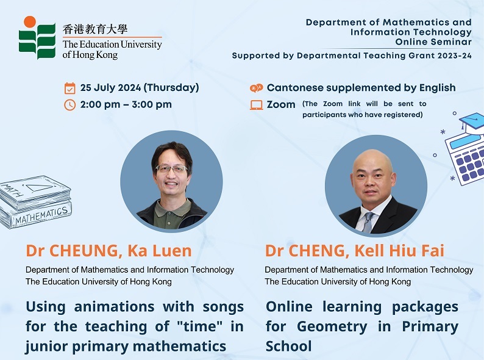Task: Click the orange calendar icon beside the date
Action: (69, 88)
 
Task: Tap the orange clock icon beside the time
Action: (69, 105)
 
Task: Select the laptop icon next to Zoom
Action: (256, 105)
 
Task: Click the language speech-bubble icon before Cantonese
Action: (256, 88)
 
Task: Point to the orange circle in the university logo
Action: (30, 22)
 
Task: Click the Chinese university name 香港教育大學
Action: (95, 29)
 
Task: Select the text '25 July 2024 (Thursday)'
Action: (140, 88)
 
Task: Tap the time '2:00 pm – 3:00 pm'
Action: (126, 104)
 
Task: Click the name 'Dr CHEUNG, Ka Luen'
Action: (109, 251)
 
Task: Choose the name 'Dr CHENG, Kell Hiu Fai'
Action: (355, 251)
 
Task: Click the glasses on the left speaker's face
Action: (172, 169)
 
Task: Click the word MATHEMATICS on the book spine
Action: (41, 215)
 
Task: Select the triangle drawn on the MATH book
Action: (38, 187)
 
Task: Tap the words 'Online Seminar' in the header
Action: (433, 41)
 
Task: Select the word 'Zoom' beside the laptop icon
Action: (281, 105)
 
